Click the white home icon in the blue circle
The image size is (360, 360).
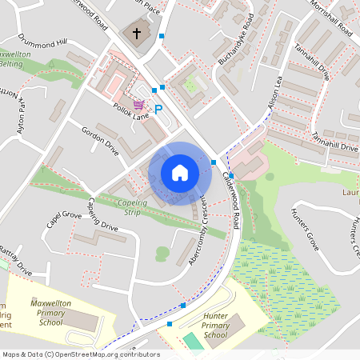click(x=179, y=173)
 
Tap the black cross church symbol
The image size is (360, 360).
click(x=136, y=34)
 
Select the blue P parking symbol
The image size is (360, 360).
click(x=158, y=109)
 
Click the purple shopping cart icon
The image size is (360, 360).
click(x=139, y=105)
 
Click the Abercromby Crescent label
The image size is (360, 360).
click(x=200, y=228)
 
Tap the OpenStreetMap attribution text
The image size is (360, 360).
click(x=81, y=354)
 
